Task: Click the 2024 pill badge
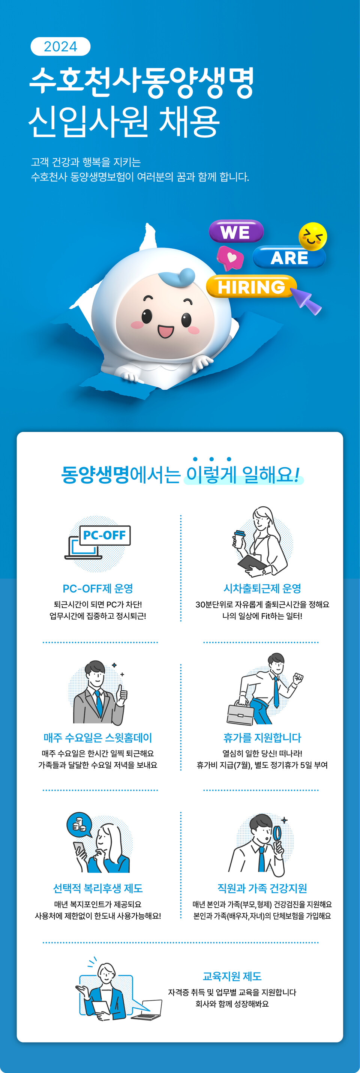point(60,46)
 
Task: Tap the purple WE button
point(236,232)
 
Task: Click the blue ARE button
point(289,257)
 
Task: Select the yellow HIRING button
point(251,287)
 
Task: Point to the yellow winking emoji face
point(312,237)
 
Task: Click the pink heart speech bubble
point(230,257)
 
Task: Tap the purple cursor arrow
point(307,300)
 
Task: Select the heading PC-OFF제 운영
point(98,588)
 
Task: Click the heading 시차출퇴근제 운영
point(262,588)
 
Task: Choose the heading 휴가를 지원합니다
point(262,738)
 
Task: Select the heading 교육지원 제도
point(232,976)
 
